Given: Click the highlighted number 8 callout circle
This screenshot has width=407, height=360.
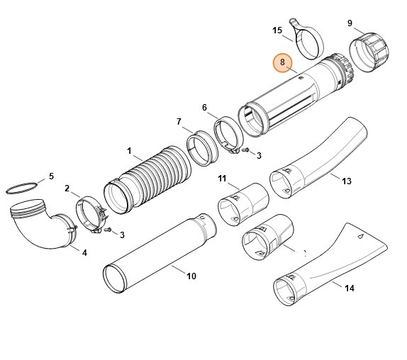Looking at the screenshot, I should [283, 62].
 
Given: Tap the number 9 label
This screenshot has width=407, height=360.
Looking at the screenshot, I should [350, 23].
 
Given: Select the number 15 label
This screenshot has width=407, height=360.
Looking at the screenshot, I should [277, 30].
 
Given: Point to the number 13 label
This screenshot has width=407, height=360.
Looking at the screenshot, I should [347, 181].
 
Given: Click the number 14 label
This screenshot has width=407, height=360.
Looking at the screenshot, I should [349, 288].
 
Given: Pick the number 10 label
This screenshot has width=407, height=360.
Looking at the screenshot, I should [191, 276].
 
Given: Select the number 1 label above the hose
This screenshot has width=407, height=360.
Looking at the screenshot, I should [129, 150].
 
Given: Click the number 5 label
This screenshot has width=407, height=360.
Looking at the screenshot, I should [50, 176].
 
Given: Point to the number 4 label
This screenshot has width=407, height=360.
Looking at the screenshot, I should [84, 252].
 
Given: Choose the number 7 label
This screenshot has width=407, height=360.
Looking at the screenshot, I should [179, 121].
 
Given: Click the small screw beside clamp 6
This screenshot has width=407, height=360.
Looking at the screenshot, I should [246, 150].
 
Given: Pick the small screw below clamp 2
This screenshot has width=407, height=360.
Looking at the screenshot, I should [108, 230].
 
